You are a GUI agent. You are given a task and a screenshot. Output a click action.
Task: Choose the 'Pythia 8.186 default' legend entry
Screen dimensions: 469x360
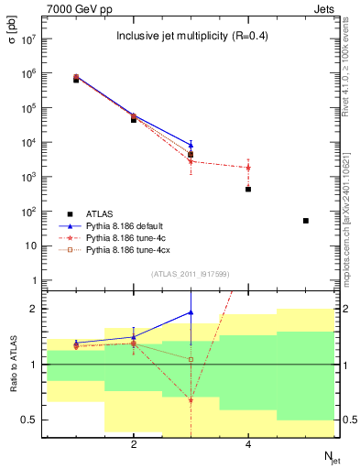click(x=127, y=226)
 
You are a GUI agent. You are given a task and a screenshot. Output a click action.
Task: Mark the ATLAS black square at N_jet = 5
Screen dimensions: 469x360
click(x=306, y=221)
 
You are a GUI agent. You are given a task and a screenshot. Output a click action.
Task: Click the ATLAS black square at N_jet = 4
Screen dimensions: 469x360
click(x=248, y=189)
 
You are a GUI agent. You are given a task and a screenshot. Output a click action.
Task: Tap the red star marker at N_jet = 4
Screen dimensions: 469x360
click(x=248, y=168)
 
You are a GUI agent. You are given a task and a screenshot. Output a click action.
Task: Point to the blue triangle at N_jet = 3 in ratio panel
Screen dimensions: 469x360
click(x=191, y=312)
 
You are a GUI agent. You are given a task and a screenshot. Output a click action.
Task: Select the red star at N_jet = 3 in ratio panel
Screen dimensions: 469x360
click(x=191, y=400)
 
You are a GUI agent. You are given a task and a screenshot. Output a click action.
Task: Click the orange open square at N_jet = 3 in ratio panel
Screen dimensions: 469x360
click(x=191, y=359)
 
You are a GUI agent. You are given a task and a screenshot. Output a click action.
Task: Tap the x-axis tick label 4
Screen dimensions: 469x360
click(x=248, y=444)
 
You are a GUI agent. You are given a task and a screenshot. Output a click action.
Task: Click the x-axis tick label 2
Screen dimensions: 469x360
click(x=134, y=444)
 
